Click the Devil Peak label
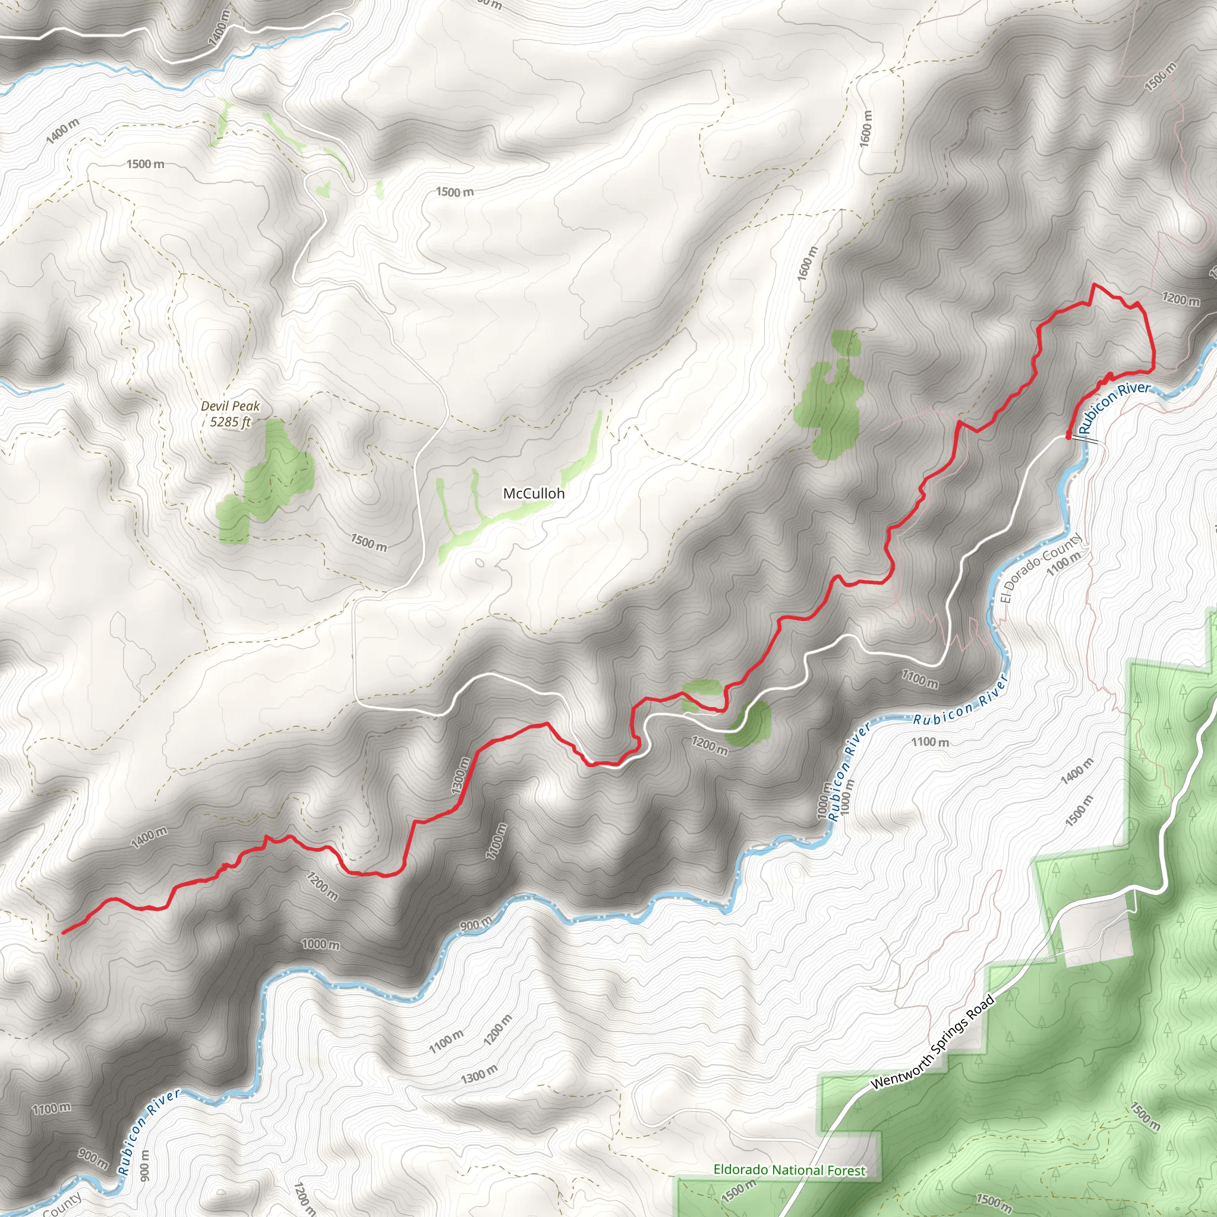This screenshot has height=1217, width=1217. click(230, 406)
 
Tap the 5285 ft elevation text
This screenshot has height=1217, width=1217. click(230, 422)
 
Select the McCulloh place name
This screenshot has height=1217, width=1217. click(534, 493)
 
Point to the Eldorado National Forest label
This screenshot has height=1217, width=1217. click(789, 1169)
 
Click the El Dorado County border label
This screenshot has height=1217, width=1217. click(1041, 567)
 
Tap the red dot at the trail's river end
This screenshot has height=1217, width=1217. click(1068, 436)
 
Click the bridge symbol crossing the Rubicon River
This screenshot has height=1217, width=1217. click(1090, 440)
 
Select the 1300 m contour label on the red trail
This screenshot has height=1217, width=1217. click(461, 775)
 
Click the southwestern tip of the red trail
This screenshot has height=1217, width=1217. click(64, 932)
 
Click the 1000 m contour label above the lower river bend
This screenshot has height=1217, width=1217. click(321, 944)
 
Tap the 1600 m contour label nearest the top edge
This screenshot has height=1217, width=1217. click(866, 129)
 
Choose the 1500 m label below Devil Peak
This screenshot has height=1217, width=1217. click(368, 543)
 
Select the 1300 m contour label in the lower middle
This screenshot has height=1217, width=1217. click(480, 1074)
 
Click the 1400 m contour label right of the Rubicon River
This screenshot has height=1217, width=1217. click(1077, 773)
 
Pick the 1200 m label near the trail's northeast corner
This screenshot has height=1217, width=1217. click(1181, 299)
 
